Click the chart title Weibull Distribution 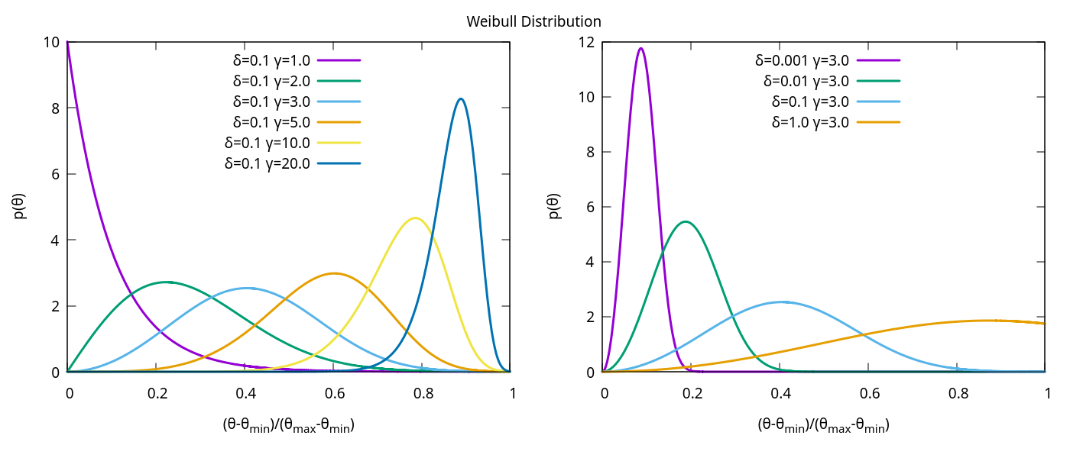point(534,21)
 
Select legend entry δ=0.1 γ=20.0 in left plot point(267,163)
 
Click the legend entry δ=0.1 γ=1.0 point(271,59)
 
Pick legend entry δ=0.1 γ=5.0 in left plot point(271,121)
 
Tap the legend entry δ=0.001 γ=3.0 point(802,59)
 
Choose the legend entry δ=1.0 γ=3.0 point(810,121)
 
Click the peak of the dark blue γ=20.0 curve point(461,98)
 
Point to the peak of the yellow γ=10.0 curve point(414,218)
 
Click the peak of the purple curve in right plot point(640,49)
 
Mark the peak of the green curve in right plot point(686,221)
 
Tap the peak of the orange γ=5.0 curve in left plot point(333,273)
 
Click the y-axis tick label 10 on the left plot point(53,42)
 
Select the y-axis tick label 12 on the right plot point(587,42)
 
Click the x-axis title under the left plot point(288,426)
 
